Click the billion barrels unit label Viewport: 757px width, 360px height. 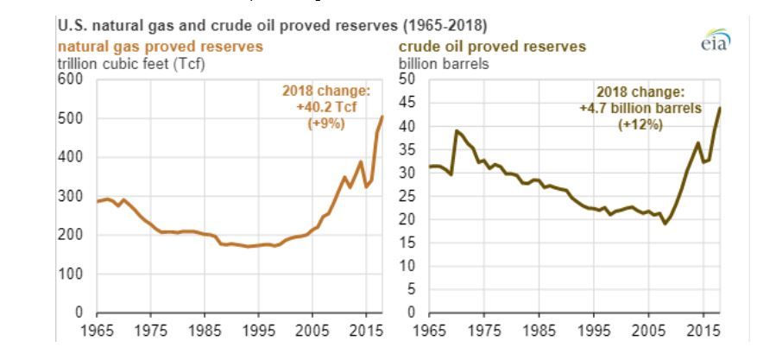coord(442,62)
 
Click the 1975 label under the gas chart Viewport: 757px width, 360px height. coord(151,329)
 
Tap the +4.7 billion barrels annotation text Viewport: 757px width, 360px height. coord(641,109)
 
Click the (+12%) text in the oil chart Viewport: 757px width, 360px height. coord(641,124)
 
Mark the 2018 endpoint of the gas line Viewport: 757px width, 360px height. coord(382,117)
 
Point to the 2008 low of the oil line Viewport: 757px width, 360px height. coord(666,224)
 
